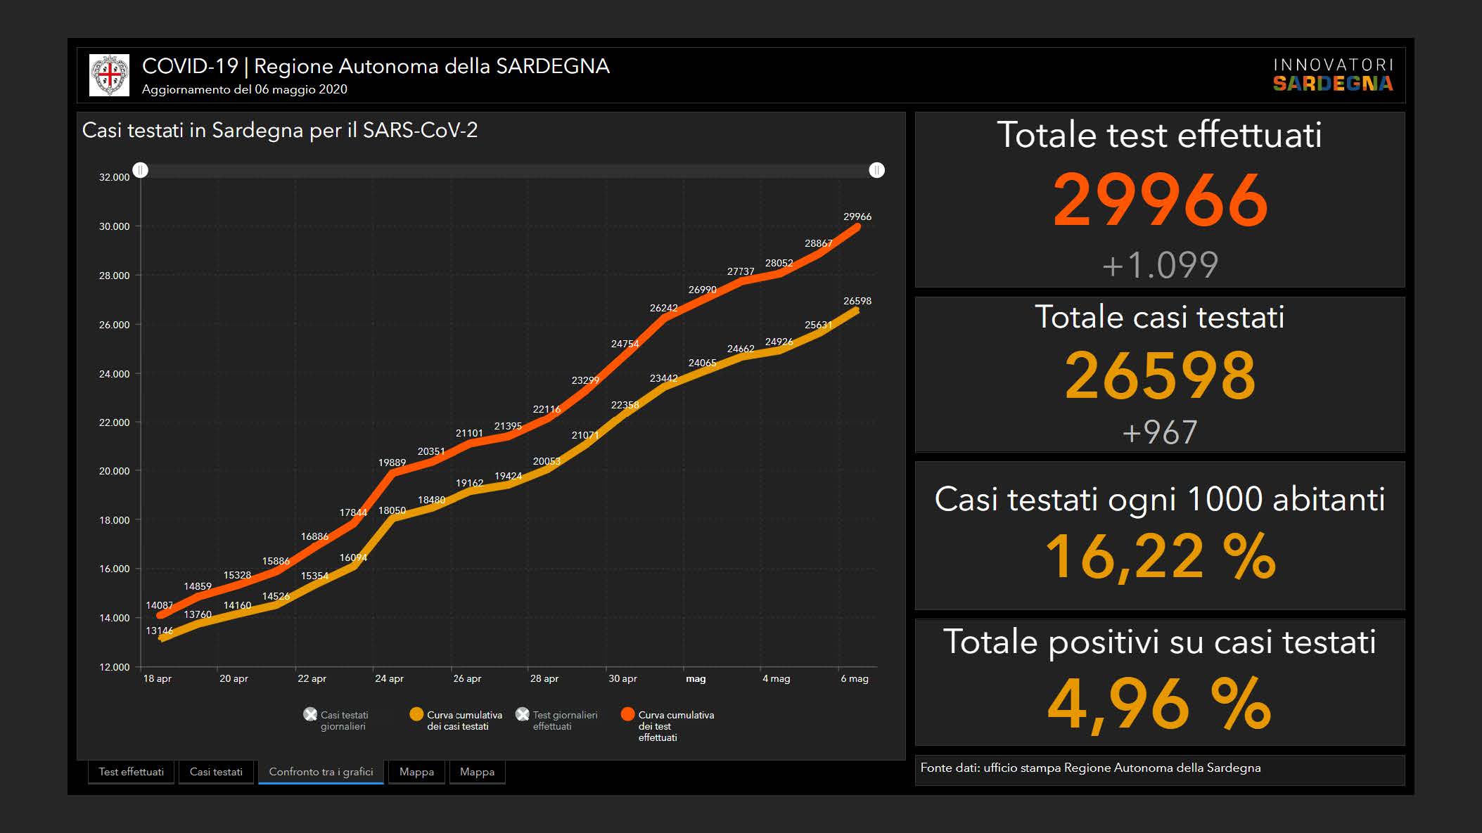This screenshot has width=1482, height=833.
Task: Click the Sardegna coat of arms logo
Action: [110, 75]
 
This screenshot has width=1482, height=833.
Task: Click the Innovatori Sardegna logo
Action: [1332, 75]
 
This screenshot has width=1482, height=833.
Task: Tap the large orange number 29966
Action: [1160, 201]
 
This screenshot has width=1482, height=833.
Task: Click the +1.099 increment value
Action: [1160, 265]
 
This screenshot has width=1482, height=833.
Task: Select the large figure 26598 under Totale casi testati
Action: [1160, 376]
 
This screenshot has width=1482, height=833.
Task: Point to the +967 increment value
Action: [1160, 432]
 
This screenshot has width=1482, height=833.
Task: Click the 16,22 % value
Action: [1160, 557]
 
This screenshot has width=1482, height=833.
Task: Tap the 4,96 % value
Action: [1160, 704]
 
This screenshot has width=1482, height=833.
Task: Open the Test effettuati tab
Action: [132, 772]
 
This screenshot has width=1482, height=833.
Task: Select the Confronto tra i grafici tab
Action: [321, 772]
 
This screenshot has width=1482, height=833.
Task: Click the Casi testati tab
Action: [216, 772]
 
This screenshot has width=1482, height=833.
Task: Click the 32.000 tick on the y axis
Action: [114, 177]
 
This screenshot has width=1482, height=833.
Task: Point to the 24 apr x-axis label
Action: [389, 678]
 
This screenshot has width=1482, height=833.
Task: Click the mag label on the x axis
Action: [696, 678]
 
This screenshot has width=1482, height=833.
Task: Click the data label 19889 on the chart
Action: [392, 463]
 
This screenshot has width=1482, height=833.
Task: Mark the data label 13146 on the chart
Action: [159, 631]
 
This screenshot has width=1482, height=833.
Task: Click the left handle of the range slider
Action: [141, 170]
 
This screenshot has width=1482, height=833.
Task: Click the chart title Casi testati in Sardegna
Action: [279, 130]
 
